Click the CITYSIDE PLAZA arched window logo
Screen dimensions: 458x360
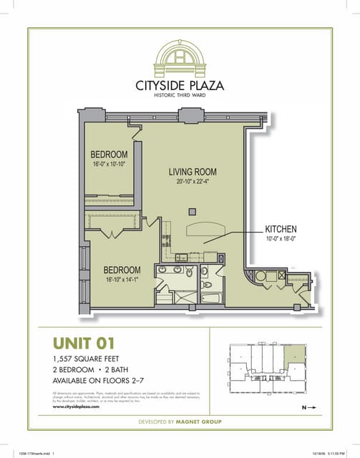tap(180, 57)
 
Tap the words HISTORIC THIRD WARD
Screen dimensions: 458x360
tap(180, 96)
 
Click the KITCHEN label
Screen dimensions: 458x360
tap(281, 230)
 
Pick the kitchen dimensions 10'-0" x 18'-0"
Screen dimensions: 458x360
tap(281, 239)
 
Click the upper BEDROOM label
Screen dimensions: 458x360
tap(109, 155)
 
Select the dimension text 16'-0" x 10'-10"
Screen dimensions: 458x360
tap(109, 165)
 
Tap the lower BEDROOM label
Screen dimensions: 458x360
tap(122, 270)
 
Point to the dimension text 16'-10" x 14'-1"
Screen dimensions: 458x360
tap(122, 280)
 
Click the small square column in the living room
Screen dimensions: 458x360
tap(192, 210)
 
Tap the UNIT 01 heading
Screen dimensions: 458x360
tap(84, 343)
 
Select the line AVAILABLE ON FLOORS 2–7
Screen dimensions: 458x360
tap(99, 381)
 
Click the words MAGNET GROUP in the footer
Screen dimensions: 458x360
tap(203, 422)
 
